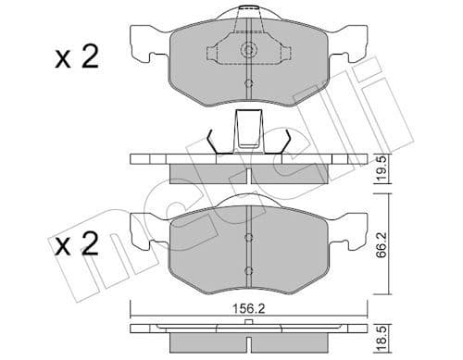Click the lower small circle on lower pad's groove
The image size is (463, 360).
[247, 270]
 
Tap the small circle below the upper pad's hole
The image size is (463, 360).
[247, 86]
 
